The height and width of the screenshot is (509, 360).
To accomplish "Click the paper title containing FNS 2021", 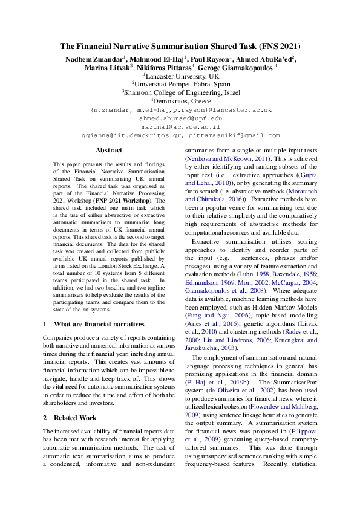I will (180, 46).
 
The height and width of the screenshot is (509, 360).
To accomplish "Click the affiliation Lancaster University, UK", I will (181, 77).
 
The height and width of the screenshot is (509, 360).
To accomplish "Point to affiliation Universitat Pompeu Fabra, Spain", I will (181, 85).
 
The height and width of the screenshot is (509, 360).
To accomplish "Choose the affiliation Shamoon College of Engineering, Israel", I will (181, 93).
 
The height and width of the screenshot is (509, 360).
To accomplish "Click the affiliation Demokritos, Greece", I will (181, 102).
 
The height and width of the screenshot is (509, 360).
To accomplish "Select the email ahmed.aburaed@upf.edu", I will (180, 119).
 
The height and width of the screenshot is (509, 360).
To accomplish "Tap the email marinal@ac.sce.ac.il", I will (180, 128).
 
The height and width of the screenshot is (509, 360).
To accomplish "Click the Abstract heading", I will (109, 150).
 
